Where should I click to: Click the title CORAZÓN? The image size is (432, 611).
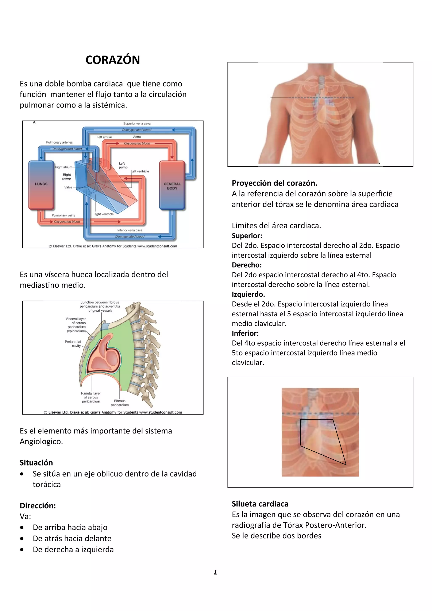[x=113, y=60]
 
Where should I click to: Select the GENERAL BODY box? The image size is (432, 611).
[x=172, y=186]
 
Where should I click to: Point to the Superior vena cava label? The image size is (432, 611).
[x=137, y=124]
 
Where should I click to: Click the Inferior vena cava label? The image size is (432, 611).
[x=130, y=230]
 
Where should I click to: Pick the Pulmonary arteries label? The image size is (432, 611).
[x=59, y=142]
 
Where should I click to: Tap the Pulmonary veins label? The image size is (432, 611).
[x=63, y=215]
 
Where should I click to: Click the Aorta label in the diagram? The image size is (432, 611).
[x=137, y=137]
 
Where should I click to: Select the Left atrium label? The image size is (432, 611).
[x=104, y=137]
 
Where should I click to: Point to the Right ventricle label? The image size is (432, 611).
[x=103, y=214]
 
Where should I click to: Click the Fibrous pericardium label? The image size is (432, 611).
[x=120, y=403]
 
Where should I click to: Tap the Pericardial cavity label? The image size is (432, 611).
[x=73, y=343]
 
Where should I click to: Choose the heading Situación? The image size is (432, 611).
[x=36, y=463]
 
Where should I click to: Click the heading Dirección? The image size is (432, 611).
[x=38, y=506]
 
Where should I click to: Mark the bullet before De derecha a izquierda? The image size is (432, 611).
[x=22, y=549]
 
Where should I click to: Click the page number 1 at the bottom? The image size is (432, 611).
[x=215, y=572]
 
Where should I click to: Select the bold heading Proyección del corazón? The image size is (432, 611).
[x=274, y=183]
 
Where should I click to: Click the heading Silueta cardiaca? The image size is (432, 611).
[x=260, y=504]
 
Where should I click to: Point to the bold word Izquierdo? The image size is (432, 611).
[x=248, y=294]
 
